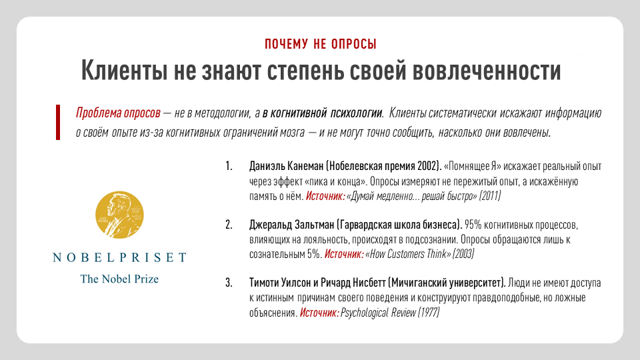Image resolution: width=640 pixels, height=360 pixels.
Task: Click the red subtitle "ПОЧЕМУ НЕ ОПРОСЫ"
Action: (321, 44)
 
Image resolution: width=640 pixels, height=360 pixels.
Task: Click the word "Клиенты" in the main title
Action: (125, 70)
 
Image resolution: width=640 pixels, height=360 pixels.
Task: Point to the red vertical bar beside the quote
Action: (58, 123)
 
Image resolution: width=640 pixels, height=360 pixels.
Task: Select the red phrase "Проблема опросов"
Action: (118, 113)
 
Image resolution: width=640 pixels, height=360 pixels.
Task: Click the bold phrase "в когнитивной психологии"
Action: (323, 113)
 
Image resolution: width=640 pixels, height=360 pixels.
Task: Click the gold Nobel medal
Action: (119, 215)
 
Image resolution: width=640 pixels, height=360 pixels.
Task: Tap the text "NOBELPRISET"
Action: (119, 257)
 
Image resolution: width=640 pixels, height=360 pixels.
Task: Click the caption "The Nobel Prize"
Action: (119, 279)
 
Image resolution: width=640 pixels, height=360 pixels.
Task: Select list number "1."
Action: (229, 166)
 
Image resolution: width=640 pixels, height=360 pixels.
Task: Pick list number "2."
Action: (229, 225)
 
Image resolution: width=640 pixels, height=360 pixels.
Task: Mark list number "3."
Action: (229, 283)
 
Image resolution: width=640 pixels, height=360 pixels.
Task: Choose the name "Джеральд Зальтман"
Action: (291, 225)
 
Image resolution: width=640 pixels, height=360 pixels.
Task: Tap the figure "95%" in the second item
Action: (473, 225)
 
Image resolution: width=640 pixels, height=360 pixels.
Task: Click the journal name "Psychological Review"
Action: (378, 313)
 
